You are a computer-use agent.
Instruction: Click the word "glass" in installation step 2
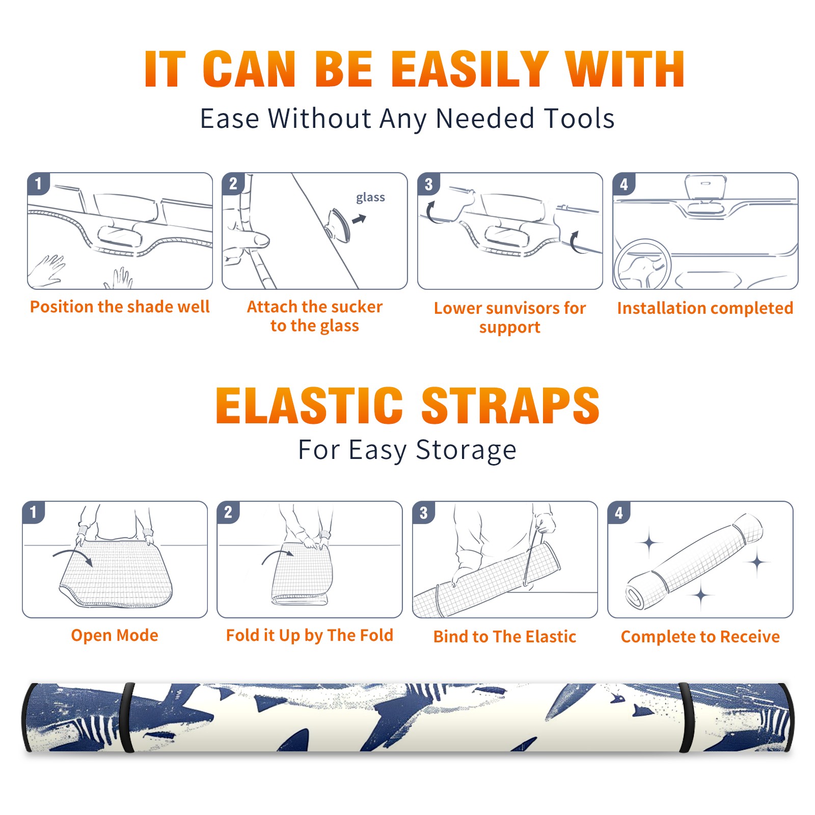click(370, 198)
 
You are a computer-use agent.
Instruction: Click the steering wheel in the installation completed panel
click(642, 264)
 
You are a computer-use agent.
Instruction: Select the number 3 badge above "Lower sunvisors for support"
click(428, 184)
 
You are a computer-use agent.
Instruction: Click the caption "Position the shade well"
click(120, 307)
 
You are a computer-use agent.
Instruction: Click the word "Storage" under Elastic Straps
click(466, 450)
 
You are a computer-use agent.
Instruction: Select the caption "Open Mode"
click(115, 635)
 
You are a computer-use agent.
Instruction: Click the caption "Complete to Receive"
click(700, 637)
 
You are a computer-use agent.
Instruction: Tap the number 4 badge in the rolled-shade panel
click(619, 512)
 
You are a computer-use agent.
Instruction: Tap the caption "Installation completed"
click(705, 308)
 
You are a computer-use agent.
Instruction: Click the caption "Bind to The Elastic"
click(505, 637)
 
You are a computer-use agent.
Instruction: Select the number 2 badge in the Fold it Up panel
click(228, 512)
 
